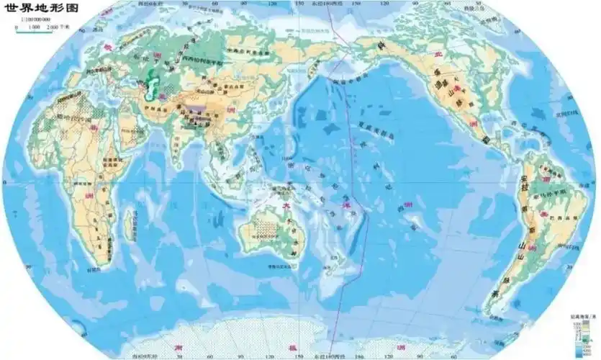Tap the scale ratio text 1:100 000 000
32,21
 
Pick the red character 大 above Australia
286,205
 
